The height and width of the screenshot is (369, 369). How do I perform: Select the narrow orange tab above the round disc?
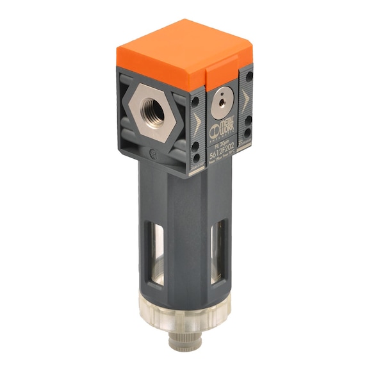pos(220,74)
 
